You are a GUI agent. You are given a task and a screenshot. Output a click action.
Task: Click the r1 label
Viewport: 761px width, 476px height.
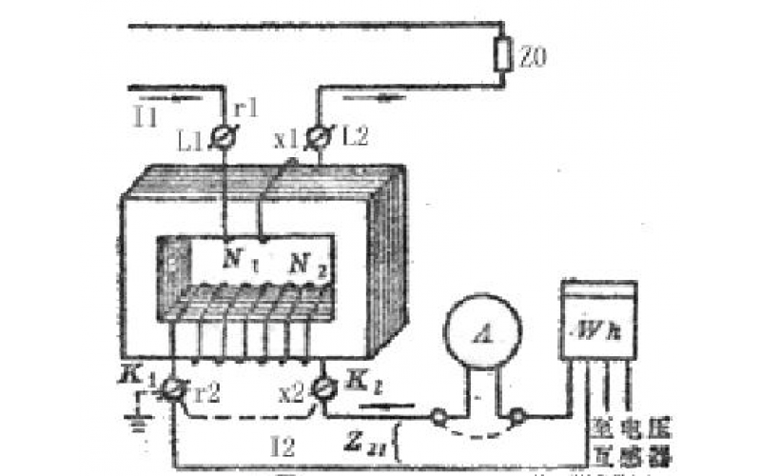[245, 108]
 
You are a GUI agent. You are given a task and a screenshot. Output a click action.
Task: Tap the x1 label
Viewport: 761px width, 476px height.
[287, 138]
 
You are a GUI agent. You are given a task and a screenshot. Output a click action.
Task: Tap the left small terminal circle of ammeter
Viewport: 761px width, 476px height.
[440, 415]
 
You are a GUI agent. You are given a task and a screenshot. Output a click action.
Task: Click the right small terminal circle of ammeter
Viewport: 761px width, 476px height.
[518, 415]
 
